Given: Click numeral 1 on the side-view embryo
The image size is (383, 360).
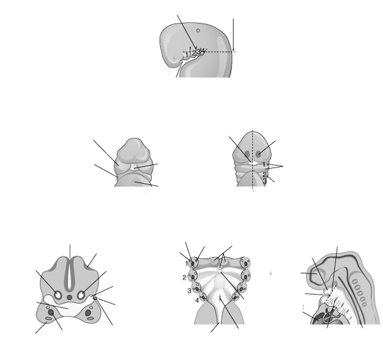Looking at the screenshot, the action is pyautogui.click(x=187, y=55).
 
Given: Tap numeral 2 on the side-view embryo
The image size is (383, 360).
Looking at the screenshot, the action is pyautogui.click(x=194, y=53).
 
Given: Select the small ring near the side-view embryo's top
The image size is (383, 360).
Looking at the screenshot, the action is pyautogui.click(x=198, y=30).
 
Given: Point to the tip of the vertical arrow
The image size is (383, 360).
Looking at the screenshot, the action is pyautogui.click(x=233, y=51).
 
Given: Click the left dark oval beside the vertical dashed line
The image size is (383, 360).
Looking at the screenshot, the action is pyautogui.click(x=247, y=154).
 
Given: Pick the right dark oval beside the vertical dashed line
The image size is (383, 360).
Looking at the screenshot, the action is pyautogui.click(x=259, y=154).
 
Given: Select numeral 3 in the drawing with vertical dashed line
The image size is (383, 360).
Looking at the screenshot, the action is pyautogui.click(x=265, y=181).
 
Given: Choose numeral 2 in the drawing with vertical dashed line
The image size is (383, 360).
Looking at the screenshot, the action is pyautogui.click(x=265, y=175).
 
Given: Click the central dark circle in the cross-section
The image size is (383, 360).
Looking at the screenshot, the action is pyautogui.click(x=70, y=297).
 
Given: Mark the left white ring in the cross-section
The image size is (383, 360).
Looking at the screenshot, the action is pyautogui.click(x=58, y=295).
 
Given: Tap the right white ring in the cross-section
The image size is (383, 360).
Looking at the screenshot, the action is pyautogui.click(x=81, y=295).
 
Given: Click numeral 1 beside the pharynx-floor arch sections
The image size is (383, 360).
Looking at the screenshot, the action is pyautogui.click(x=187, y=264).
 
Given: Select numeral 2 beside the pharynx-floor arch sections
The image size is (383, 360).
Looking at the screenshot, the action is pyautogui.click(x=184, y=277).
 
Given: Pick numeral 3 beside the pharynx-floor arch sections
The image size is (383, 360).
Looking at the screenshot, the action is pyautogui.click(x=189, y=291).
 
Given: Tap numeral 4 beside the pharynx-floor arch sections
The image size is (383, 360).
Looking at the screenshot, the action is pyautogui.click(x=197, y=300).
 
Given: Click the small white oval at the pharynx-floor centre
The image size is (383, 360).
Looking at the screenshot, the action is pyautogui.click(x=220, y=271).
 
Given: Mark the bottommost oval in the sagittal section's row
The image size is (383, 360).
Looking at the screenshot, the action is pyautogui.click(x=364, y=304).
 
